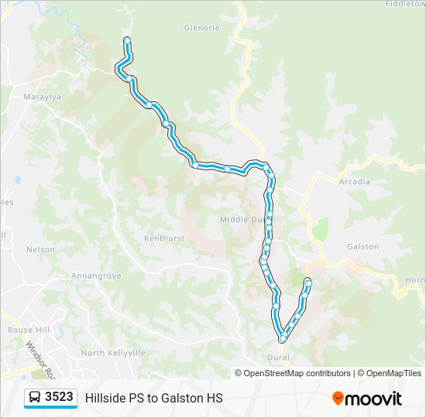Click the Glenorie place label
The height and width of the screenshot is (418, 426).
click(x=201, y=28)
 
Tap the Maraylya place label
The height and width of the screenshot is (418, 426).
click(x=42, y=98)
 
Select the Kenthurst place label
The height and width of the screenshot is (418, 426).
click(x=164, y=238)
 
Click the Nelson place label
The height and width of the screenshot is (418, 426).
click(x=40, y=249)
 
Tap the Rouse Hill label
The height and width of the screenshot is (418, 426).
click(x=29, y=330)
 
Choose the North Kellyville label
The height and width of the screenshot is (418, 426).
click(x=113, y=353)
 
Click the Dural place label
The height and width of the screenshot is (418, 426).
click(x=278, y=358)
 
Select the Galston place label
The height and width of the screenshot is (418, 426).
click(x=362, y=246)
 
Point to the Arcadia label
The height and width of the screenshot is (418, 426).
click(x=354, y=182)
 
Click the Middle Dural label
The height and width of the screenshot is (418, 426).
click(x=242, y=220)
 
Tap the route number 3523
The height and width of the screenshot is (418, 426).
click(x=59, y=397)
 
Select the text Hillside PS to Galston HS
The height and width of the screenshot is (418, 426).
click(x=153, y=398)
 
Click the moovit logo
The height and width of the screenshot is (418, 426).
click(x=367, y=398)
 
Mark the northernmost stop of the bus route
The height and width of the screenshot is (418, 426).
click(x=126, y=40)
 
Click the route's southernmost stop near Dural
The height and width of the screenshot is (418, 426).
click(x=283, y=338)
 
